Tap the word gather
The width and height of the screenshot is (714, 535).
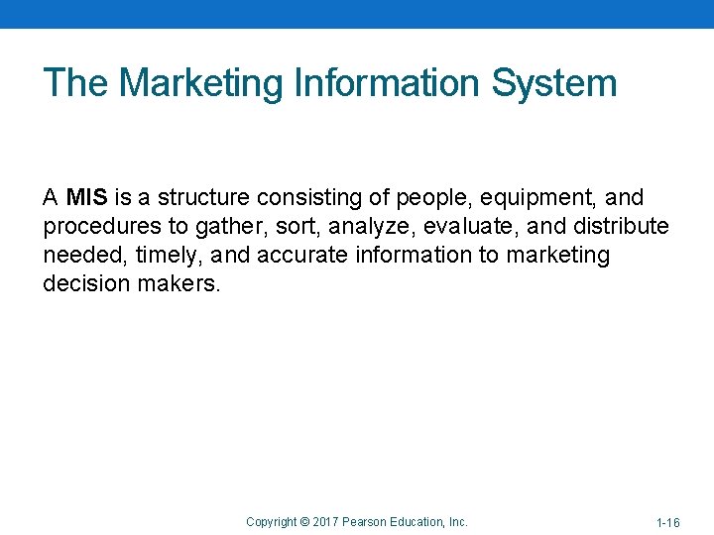click(227, 227)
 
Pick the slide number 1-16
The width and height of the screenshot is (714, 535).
click(667, 522)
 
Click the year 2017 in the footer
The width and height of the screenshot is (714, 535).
click(326, 521)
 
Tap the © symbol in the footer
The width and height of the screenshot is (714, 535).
click(303, 521)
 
